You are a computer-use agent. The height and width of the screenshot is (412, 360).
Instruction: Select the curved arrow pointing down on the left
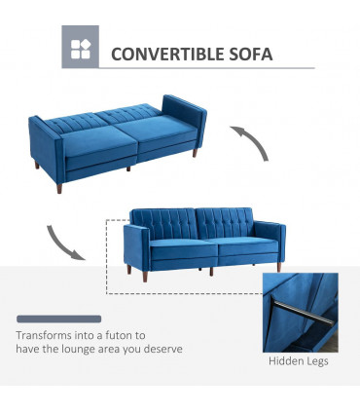(x=61, y=241)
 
